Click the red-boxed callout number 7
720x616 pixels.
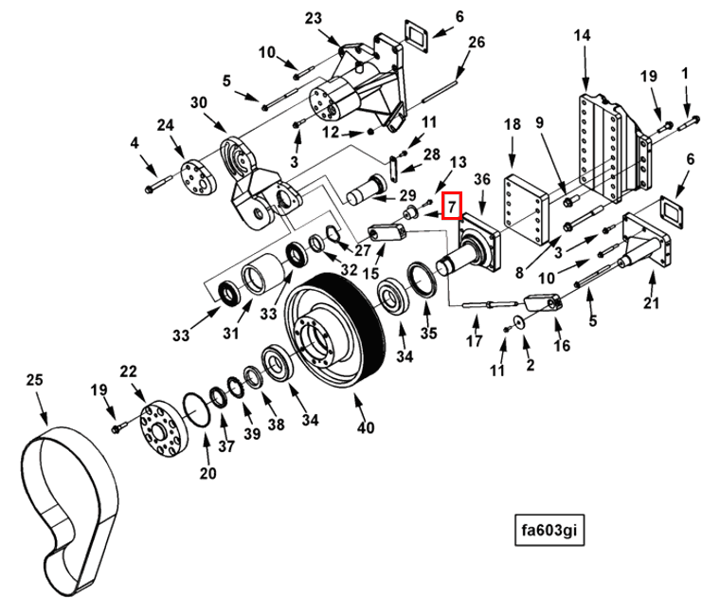coord(453,204)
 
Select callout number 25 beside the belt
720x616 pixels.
coord(35,380)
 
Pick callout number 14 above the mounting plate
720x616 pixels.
coord(582,35)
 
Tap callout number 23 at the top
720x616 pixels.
coord(314,18)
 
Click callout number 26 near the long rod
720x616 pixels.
coord(476,42)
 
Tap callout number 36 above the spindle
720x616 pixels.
coord(480,179)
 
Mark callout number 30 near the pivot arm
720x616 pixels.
coord(198,102)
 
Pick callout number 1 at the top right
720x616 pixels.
coord(685,74)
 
